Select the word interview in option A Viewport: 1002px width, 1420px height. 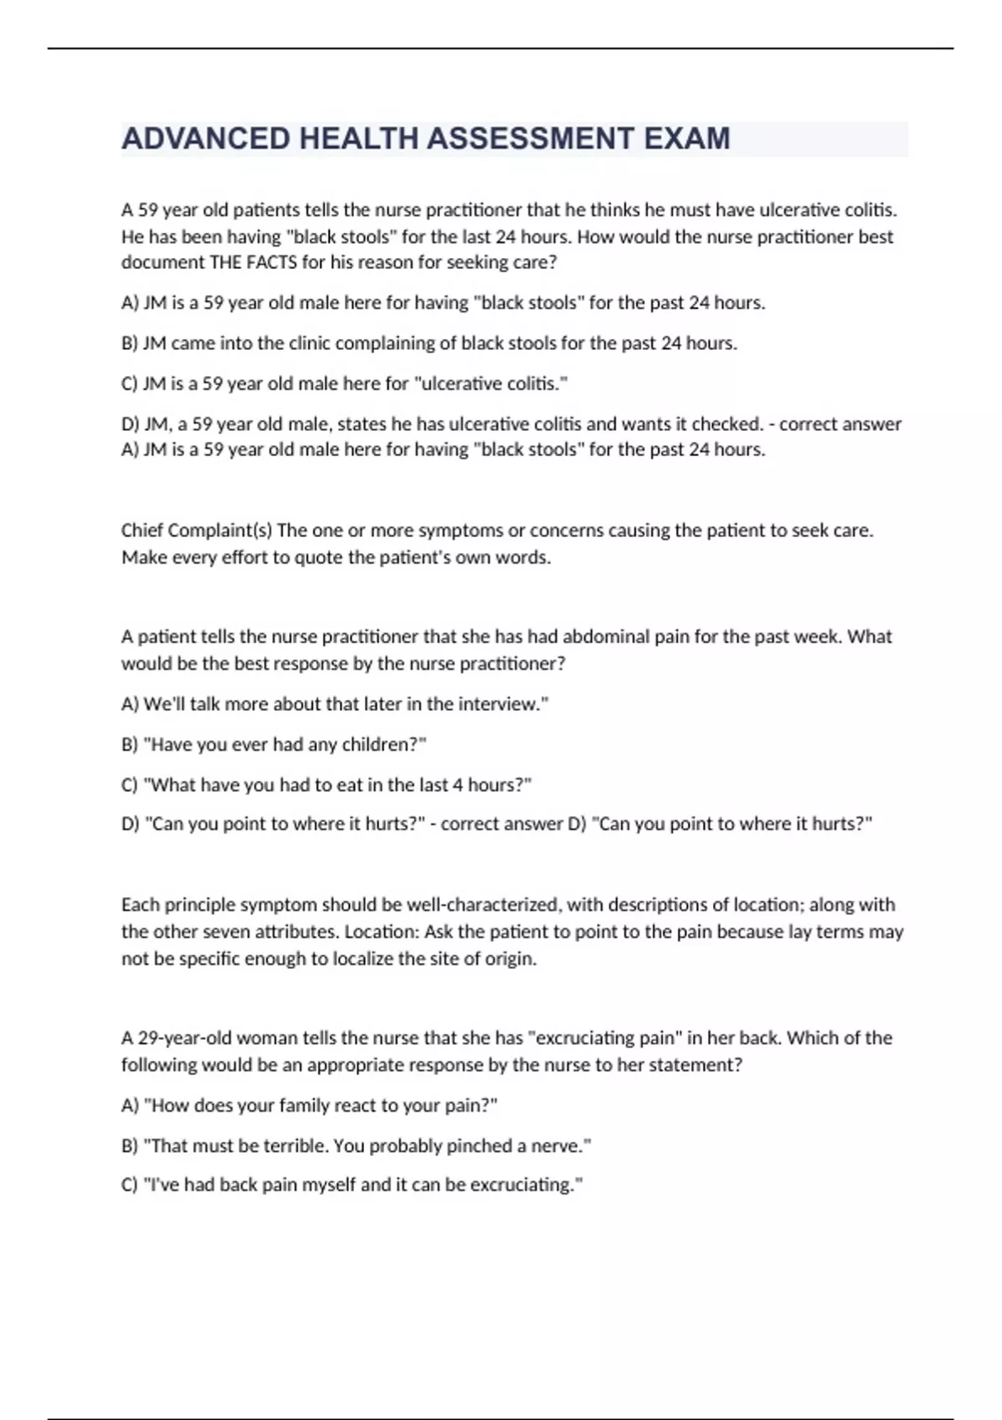point(503,704)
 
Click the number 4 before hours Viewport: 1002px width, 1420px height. point(457,785)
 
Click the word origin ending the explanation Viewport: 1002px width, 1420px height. point(509,959)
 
